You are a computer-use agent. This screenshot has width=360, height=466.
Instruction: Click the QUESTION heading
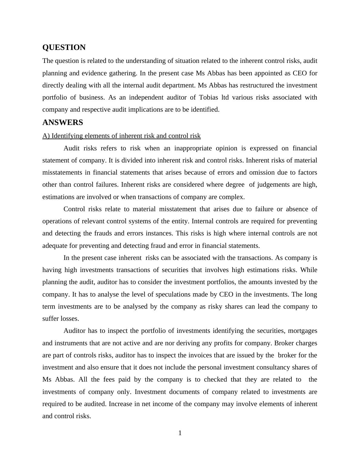tap(64, 48)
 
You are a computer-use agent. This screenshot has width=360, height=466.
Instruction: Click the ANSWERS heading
tap(63, 123)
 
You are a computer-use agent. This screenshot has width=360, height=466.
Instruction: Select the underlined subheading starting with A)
tap(121, 136)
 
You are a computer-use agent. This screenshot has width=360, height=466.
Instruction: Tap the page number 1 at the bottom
tap(180, 433)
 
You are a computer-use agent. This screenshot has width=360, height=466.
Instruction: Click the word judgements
tap(274, 185)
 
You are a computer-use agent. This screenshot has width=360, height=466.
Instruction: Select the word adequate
tap(55, 246)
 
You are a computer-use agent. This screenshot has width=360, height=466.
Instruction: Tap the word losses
tap(70, 319)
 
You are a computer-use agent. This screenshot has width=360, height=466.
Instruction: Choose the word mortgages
tap(303, 331)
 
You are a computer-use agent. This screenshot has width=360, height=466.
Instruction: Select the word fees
tap(109, 379)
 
